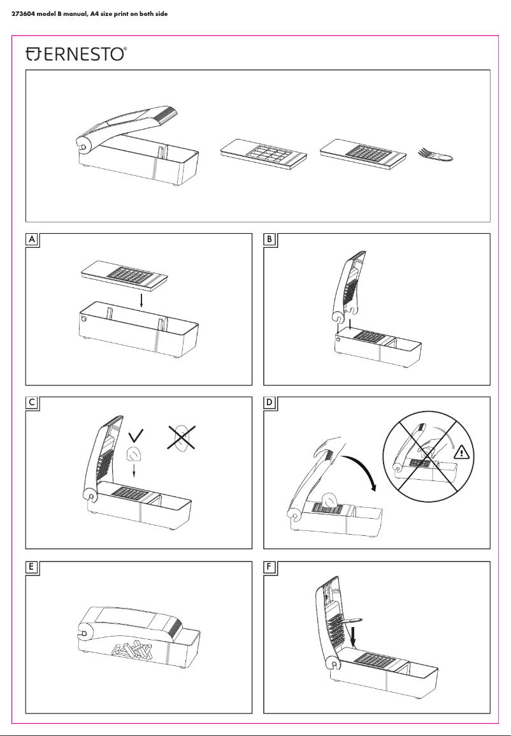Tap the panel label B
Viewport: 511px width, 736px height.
[270, 240]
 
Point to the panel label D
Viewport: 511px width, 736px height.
[270, 403]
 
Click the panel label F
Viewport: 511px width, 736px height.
[270, 567]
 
